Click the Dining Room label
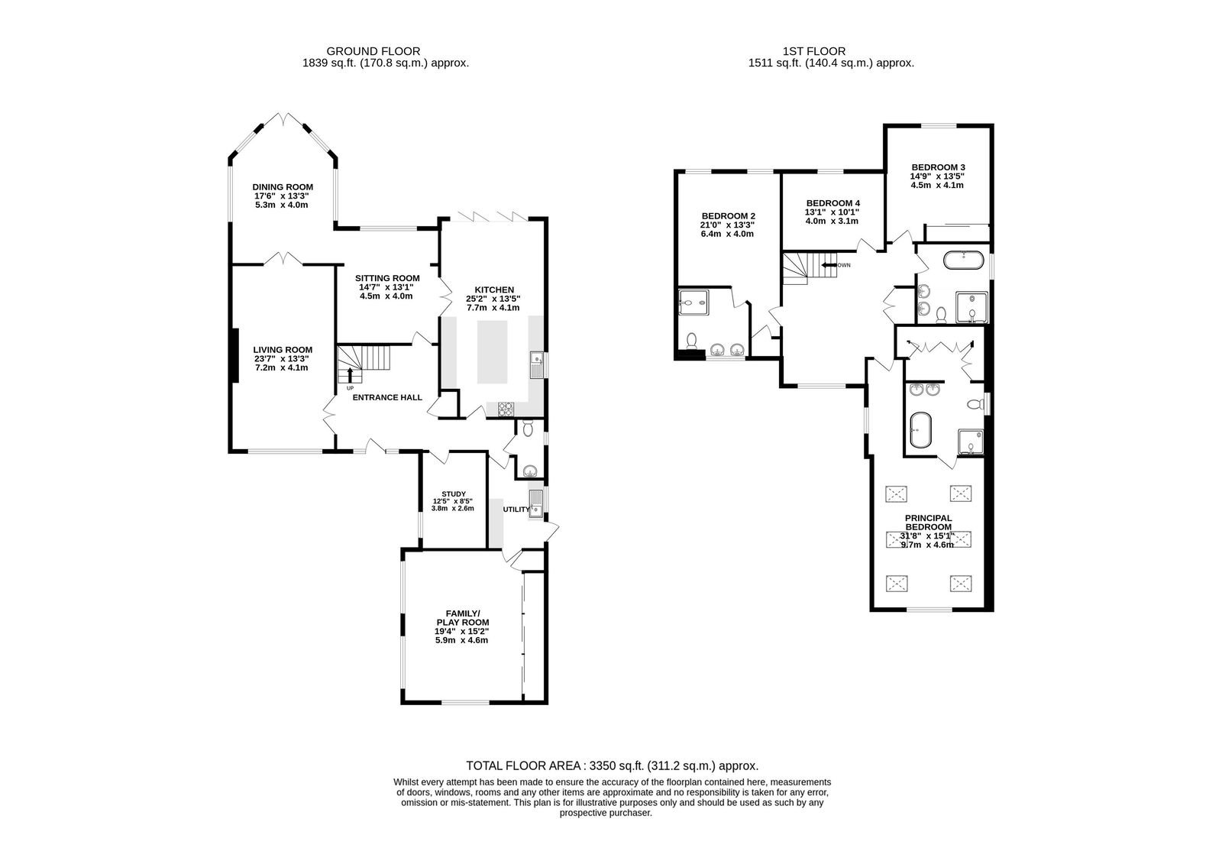283,186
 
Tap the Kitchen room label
494,290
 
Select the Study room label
454,493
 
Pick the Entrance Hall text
387,397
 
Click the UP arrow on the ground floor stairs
351,374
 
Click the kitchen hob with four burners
506,409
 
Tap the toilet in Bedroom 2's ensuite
692,341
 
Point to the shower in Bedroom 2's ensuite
692,303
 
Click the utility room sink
535,504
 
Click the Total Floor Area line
612,765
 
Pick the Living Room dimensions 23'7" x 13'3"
283,359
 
